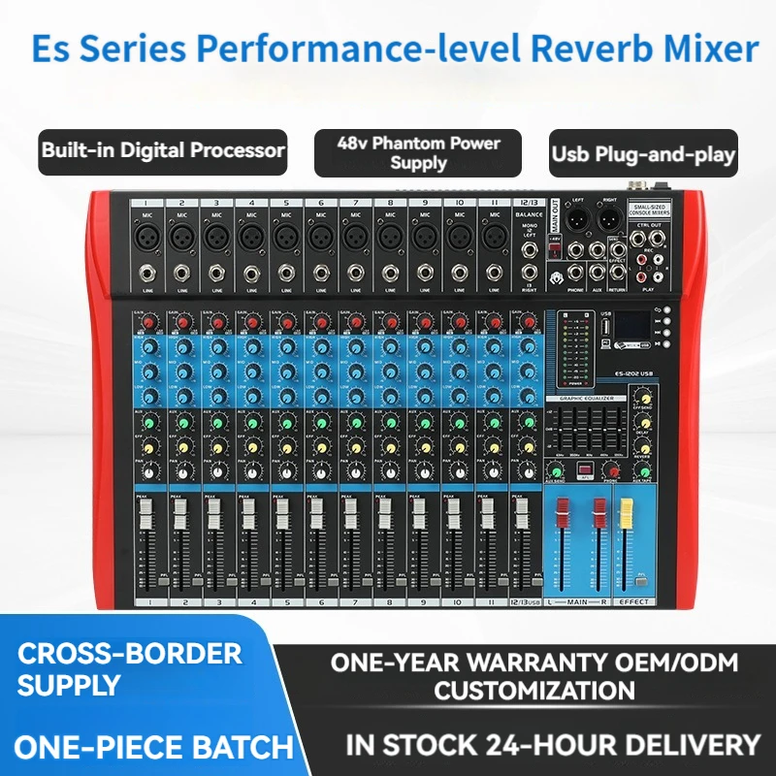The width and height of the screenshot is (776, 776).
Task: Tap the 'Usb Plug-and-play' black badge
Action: tap(643, 153)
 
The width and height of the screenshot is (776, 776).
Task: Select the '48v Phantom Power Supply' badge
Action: tap(418, 152)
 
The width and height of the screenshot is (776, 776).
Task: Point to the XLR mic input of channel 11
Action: tap(492, 235)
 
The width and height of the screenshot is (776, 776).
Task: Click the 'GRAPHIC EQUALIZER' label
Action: tap(584, 398)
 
